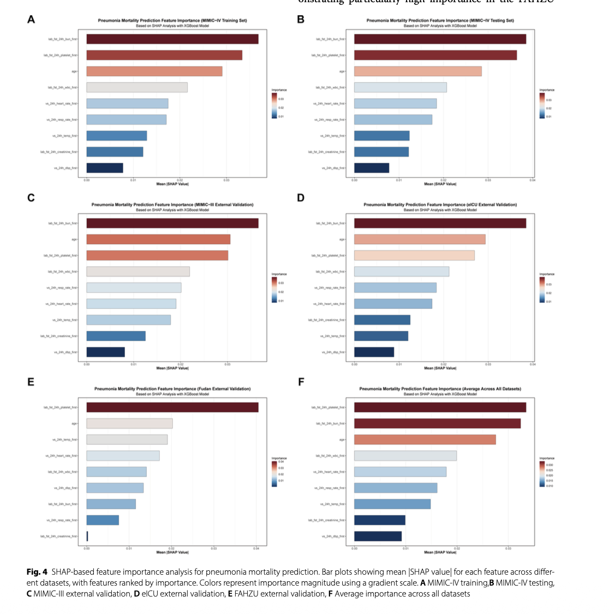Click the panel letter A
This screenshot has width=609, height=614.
click(31, 20)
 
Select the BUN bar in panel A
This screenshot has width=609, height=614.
click(172, 39)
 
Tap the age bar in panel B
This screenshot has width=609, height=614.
click(417, 71)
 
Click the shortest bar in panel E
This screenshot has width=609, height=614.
click(87, 536)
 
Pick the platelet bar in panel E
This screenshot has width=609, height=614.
click(172, 407)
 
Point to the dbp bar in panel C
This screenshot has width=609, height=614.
click(105, 352)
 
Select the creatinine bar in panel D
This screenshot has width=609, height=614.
click(382, 320)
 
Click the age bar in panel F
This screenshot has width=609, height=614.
click(425, 439)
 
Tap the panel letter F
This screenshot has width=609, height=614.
click(301, 382)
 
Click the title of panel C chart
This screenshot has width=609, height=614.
click(172, 204)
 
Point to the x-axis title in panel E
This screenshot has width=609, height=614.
click(172, 552)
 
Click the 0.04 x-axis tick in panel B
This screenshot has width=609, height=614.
click(532, 180)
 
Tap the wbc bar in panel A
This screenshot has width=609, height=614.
click(136, 87)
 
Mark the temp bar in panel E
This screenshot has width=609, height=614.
click(127, 439)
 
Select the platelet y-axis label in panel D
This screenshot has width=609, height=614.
click(328, 256)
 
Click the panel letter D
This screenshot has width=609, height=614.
click(301, 198)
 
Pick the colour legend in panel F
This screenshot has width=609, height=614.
click(542, 474)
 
